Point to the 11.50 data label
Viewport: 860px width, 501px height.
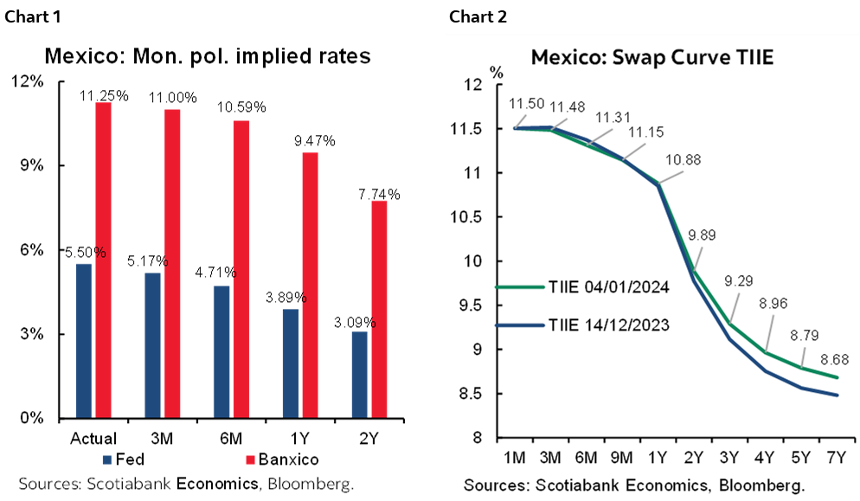pos(527,104)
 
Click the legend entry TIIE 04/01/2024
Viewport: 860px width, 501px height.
pos(607,287)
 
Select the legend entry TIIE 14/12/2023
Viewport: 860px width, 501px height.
pos(607,325)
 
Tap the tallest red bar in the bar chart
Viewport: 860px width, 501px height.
pos(103,260)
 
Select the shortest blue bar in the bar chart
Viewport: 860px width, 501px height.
pos(359,374)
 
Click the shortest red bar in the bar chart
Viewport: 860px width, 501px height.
pos(378,309)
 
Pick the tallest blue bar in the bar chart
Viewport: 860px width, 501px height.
pos(84,340)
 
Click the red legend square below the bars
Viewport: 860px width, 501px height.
pos(251,459)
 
